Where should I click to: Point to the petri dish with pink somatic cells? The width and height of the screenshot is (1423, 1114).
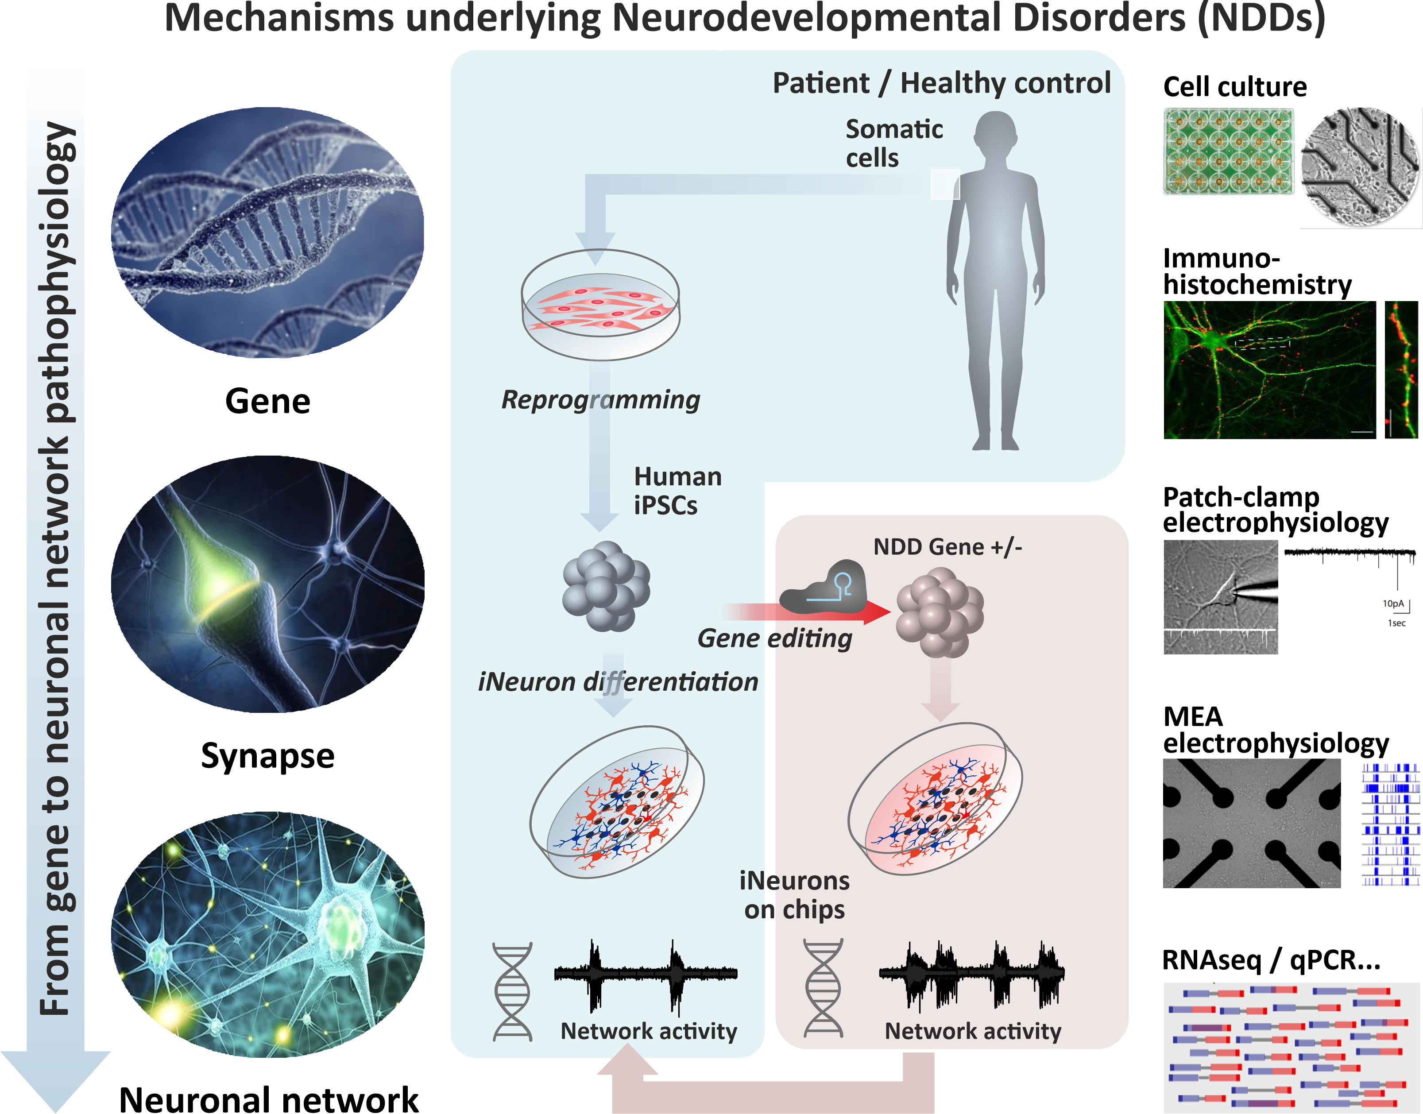click(600, 305)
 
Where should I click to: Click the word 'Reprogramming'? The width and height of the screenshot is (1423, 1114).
click(600, 399)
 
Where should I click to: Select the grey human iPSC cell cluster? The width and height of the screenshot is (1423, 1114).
click(606, 586)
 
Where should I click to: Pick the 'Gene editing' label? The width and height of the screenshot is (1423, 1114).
click(775, 638)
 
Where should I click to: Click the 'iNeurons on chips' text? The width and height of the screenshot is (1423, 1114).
click(794, 895)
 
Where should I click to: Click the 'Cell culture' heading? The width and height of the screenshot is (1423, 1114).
click(1234, 87)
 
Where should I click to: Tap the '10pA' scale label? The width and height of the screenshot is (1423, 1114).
click(1393, 603)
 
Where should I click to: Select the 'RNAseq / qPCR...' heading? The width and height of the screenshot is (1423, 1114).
click(1271, 960)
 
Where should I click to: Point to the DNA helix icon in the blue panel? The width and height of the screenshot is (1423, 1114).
click(513, 991)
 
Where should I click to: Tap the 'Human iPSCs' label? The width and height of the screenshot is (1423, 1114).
click(677, 491)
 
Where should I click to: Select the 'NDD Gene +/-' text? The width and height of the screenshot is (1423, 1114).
click(947, 546)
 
